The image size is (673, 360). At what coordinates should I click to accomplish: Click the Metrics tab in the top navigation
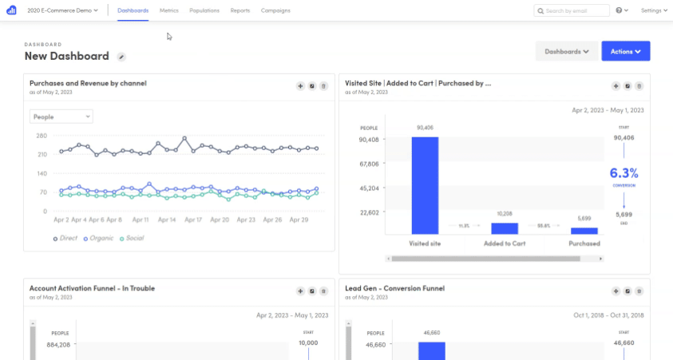[168, 10]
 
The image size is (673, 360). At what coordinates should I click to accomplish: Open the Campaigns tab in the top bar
[275, 10]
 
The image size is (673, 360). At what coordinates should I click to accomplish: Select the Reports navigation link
[240, 10]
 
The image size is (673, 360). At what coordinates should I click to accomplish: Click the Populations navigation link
[204, 10]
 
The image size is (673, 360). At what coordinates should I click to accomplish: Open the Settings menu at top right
[654, 10]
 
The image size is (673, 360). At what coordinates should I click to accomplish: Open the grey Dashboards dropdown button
[566, 51]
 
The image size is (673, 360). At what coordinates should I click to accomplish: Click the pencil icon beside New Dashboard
[121, 57]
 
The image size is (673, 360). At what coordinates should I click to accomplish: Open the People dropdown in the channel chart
[61, 117]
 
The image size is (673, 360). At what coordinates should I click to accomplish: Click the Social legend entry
[133, 238]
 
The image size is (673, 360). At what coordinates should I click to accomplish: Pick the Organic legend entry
[100, 238]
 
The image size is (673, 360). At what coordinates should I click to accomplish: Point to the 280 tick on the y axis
[42, 136]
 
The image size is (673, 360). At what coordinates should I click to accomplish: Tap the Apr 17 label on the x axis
[192, 220]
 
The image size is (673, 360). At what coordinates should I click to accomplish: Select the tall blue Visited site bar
[425, 185]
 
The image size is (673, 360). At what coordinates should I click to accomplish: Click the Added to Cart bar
[504, 227]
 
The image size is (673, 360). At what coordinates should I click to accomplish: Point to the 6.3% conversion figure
[624, 172]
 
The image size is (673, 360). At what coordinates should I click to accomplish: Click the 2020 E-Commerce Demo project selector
[63, 10]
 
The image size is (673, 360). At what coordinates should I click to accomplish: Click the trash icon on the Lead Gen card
[639, 291]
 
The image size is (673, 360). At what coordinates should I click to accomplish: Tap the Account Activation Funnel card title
[92, 288]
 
